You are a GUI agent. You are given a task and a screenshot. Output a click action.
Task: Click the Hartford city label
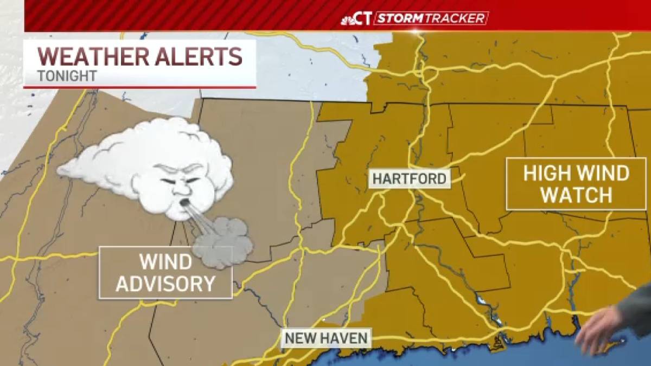click(x=410, y=179)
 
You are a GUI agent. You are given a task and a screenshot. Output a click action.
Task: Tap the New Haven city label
click(x=327, y=338)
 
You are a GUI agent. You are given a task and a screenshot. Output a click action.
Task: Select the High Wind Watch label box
click(x=576, y=184)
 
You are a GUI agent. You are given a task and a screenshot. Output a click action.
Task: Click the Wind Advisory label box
click(x=165, y=272)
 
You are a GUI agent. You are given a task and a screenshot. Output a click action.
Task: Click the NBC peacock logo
click(x=349, y=20)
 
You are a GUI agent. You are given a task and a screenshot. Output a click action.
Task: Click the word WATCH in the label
click(x=576, y=195)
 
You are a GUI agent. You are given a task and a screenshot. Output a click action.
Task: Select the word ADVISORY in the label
click(x=165, y=284)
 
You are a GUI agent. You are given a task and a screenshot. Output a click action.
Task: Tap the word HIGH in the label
click(x=545, y=174)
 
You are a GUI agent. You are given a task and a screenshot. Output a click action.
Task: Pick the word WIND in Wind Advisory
click(x=165, y=262)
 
